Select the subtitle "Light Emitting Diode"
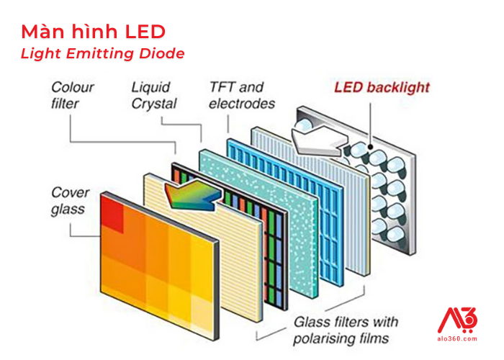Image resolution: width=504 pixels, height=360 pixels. tap(102, 53)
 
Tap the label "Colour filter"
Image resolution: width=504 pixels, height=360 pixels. tap(71, 95)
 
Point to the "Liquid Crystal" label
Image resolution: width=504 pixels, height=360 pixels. tap(153, 95)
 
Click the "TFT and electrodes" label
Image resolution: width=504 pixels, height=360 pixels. tap(241, 95)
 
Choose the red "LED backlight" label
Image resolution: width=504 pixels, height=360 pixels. tap(382, 88)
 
